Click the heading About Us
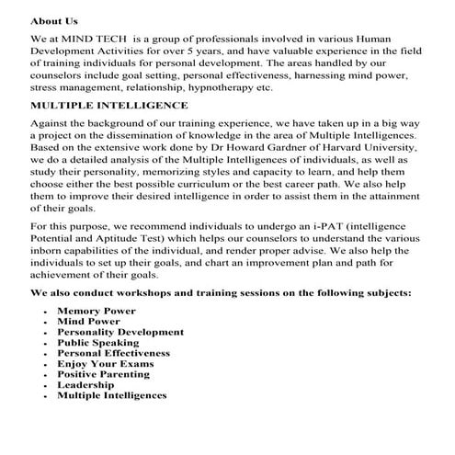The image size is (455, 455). point(54,18)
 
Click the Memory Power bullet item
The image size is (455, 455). point(96,312)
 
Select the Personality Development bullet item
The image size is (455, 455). point(119,332)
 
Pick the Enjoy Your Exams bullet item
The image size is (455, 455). point(105,363)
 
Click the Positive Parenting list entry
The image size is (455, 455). point(103,374)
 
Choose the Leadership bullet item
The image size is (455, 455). point(87,384)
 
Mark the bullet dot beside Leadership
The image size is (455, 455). point(46,385)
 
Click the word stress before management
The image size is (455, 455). point(47,88)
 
